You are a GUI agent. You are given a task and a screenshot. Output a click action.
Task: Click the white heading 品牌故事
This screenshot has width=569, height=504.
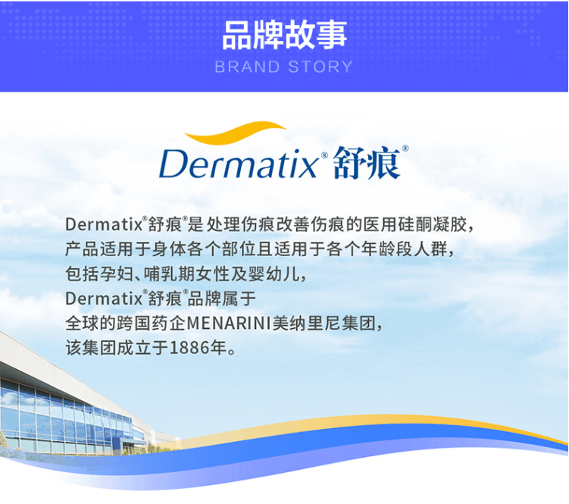(285, 35)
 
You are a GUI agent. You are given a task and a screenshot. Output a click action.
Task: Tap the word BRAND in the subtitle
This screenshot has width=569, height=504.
(247, 67)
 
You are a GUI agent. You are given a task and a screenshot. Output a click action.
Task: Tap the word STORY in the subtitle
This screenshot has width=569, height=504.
(320, 67)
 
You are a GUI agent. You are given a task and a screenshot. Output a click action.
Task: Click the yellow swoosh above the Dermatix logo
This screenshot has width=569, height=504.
(235, 132)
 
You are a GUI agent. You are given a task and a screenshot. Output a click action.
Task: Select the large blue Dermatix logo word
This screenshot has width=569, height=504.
(239, 164)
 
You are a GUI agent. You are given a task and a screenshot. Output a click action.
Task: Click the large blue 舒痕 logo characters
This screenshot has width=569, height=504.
(367, 163)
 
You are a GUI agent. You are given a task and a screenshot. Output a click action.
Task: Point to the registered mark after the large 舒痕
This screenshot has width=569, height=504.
(405, 148)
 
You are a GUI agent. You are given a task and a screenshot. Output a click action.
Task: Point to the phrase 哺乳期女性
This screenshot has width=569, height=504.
(187, 274)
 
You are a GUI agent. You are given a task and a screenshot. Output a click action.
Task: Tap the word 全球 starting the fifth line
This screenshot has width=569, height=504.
(83, 323)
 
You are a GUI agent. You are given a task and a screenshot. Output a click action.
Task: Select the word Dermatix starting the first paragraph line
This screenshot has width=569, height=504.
(104, 225)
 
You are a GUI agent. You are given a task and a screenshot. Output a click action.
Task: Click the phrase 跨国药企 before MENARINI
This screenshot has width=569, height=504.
(152, 323)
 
